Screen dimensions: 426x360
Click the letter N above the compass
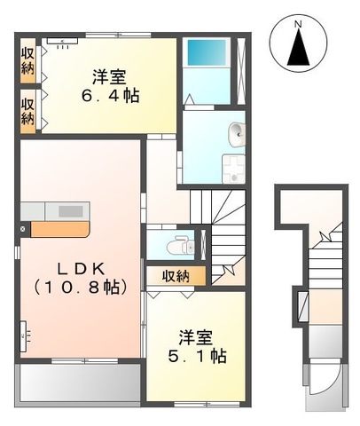(x=299, y=22)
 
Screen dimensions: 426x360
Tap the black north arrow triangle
(x=299, y=50)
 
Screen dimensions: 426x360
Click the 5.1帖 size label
(x=197, y=356)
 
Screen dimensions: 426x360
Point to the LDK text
(x=76, y=266)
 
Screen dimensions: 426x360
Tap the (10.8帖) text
(x=76, y=287)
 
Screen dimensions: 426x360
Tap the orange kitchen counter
(x=61, y=228)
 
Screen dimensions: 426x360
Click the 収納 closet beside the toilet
(x=176, y=276)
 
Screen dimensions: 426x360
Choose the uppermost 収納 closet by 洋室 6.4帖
(x=27, y=59)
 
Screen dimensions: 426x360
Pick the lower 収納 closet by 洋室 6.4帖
(x=27, y=110)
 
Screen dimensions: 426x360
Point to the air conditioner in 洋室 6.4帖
(x=63, y=40)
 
